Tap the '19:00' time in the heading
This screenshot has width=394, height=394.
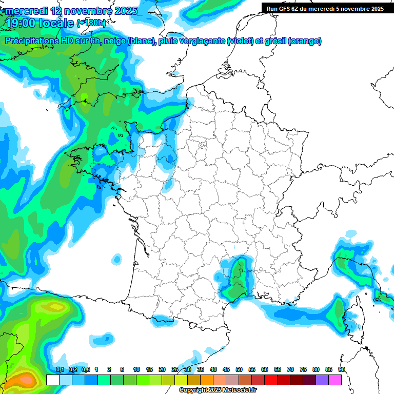[x=22, y=23]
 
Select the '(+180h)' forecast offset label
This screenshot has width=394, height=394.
[x=92, y=23]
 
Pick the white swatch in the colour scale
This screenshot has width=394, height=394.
[x=52, y=380]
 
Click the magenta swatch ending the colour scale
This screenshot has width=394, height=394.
[x=335, y=380]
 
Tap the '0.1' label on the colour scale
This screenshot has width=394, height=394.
[x=60, y=369]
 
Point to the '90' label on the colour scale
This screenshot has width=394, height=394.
[x=341, y=369]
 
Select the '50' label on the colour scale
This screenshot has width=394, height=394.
[x=239, y=369]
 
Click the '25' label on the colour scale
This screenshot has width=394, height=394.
[x=174, y=369]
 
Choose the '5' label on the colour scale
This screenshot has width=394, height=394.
[x=122, y=369]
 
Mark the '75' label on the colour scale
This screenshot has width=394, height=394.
[x=303, y=369]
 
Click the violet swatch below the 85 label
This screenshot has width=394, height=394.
[x=322, y=380]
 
